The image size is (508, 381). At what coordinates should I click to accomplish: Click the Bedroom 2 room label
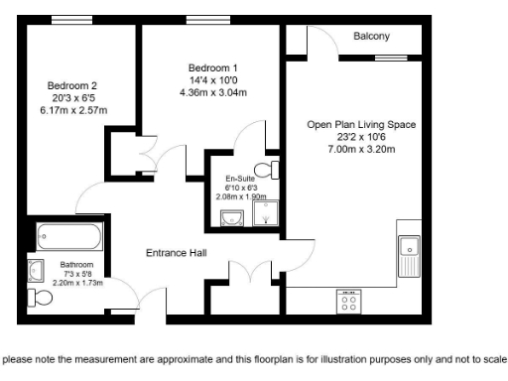click(72, 85)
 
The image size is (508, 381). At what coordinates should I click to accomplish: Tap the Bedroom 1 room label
click(213, 67)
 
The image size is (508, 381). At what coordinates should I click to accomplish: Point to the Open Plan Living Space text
click(361, 125)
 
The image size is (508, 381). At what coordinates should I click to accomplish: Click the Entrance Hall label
click(177, 253)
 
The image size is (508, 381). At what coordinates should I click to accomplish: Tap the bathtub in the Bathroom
click(68, 238)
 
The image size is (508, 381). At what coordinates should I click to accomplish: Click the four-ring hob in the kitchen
click(349, 302)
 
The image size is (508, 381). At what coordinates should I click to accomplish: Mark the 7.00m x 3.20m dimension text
click(361, 149)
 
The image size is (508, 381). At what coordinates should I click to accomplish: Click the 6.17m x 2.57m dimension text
click(72, 110)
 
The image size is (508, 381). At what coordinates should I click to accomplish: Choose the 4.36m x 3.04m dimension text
click(213, 92)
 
